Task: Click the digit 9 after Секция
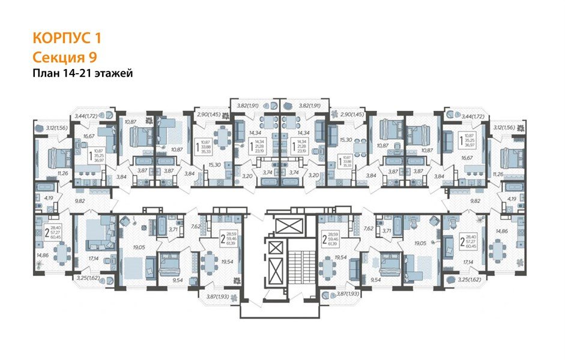[x=93, y=57]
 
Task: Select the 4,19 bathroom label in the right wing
[x=512, y=197]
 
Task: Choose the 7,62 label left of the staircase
[x=195, y=227]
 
